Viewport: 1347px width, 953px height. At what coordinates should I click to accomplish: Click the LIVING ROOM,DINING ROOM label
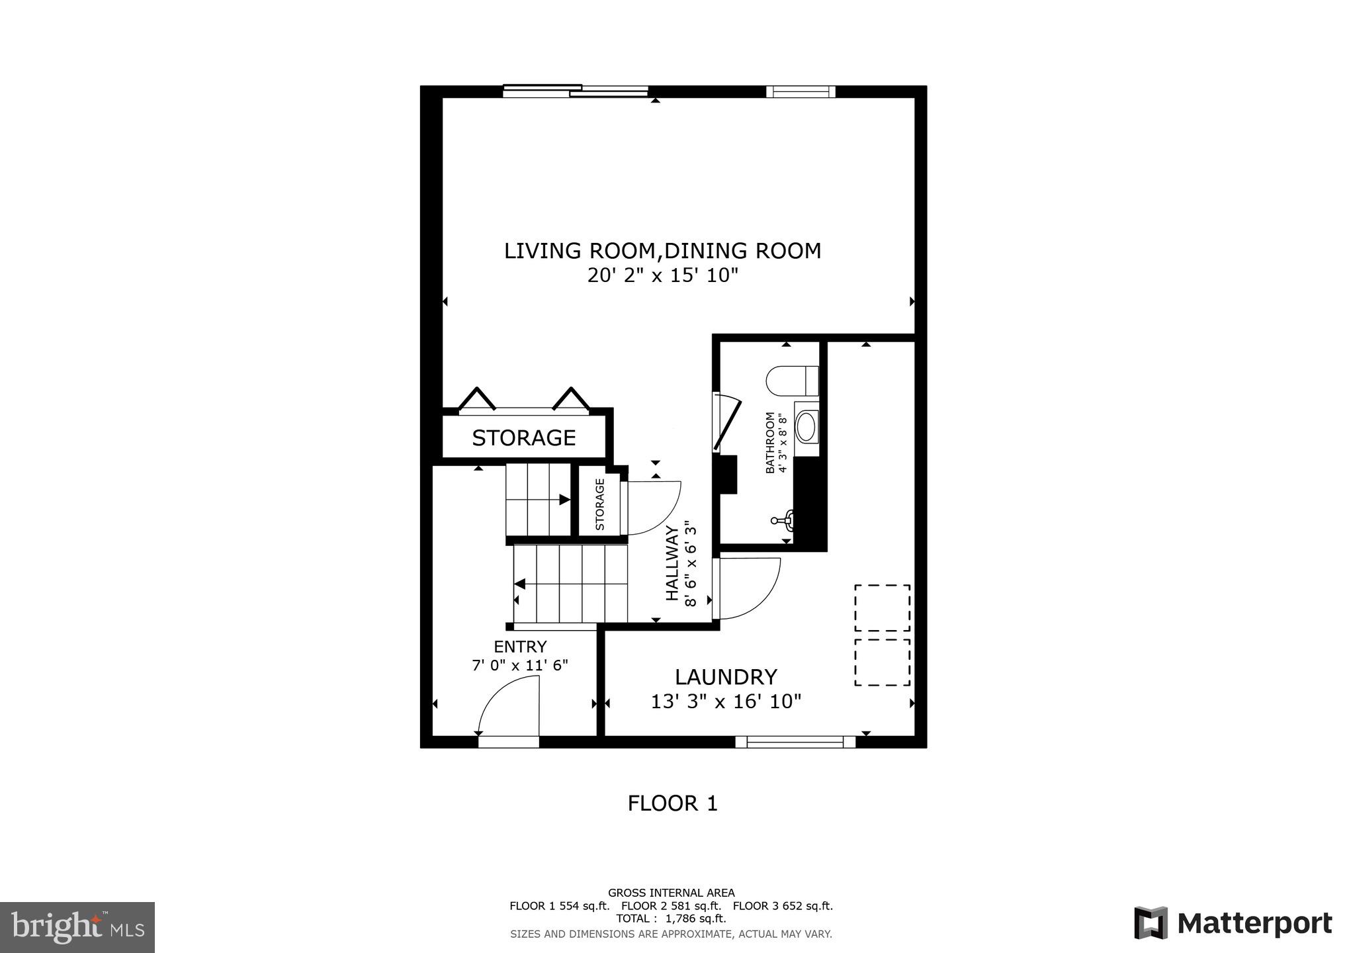coord(662,251)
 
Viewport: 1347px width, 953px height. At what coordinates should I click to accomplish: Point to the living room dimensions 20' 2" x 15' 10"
coord(662,275)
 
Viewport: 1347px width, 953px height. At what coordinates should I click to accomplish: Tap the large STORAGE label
coord(523,437)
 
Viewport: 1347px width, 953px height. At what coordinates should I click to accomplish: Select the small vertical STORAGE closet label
coord(600,504)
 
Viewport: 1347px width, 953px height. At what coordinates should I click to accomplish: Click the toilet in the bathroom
coord(793,381)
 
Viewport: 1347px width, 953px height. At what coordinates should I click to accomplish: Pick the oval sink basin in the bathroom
coord(806,427)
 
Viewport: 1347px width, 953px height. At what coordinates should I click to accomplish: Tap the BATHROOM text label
coord(770,443)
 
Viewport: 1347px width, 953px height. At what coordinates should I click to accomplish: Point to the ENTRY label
coord(520,647)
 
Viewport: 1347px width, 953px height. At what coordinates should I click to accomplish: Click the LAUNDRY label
coord(726,677)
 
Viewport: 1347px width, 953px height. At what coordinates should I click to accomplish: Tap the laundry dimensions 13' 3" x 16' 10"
coord(726,702)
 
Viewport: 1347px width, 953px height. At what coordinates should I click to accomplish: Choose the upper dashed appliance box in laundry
coord(882,608)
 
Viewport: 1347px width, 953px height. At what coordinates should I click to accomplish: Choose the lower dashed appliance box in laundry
coord(882,662)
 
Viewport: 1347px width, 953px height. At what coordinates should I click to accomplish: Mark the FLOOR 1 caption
coord(672,803)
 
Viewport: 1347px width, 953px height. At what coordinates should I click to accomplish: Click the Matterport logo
coord(1233,923)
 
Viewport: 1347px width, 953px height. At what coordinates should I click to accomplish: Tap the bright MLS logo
coord(77,927)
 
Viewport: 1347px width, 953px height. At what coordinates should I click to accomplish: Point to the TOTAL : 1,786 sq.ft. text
coord(671,919)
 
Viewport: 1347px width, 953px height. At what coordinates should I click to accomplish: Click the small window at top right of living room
coord(801,92)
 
